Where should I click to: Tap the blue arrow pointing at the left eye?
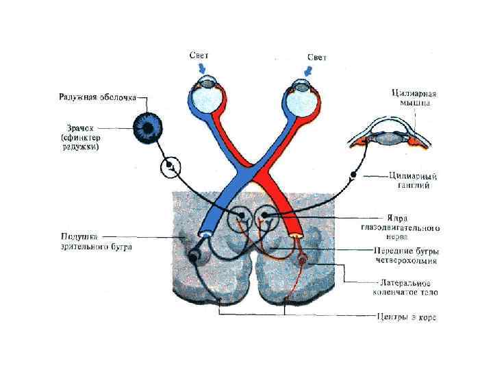200,69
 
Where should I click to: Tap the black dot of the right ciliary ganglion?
353,175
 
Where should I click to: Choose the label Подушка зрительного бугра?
95,242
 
